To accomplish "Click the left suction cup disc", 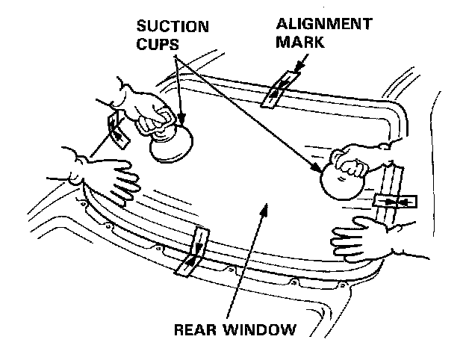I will pos(171,143).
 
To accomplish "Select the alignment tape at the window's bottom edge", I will pos(193,252).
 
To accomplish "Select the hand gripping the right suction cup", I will pos(358,161).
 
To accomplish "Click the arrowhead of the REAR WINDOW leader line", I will pos(261,211).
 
